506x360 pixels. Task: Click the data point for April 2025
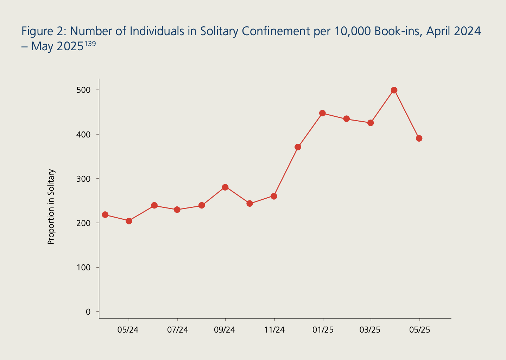point(394,90)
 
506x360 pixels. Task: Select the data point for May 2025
point(419,138)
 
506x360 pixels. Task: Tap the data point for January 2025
point(322,113)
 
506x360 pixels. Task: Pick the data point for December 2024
point(298,147)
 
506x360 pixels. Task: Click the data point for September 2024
point(225,187)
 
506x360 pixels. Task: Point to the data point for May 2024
point(129,221)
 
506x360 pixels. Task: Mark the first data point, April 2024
point(105,214)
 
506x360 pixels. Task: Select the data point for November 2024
point(274,196)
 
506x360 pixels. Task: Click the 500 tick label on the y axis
point(83,90)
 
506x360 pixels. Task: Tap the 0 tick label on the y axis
point(88,312)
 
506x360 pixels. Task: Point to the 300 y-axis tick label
point(83,179)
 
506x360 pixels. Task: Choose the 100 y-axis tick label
point(83,268)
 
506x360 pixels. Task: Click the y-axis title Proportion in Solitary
point(51,207)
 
